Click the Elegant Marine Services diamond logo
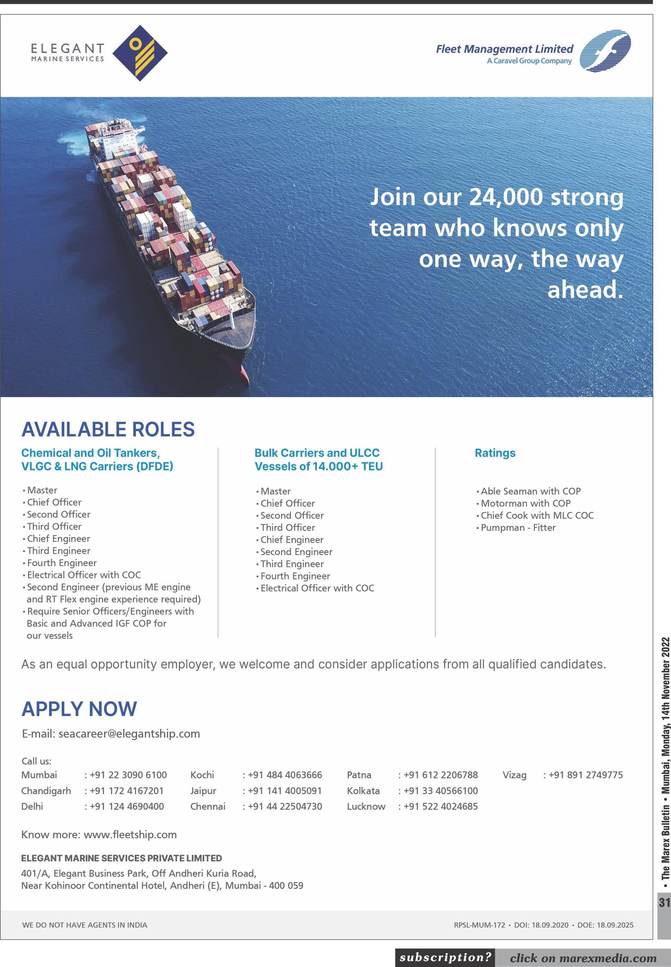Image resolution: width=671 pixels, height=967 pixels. pyautogui.click(x=140, y=53)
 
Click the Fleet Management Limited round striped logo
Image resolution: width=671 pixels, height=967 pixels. pyautogui.click(x=605, y=51)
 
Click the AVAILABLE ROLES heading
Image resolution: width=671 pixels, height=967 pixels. pyautogui.click(x=108, y=429)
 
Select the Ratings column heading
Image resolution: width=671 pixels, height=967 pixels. pyautogui.click(x=495, y=453)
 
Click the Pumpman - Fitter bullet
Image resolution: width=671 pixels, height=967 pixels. pyautogui.click(x=518, y=528)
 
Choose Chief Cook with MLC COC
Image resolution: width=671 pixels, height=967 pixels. pyautogui.click(x=537, y=515)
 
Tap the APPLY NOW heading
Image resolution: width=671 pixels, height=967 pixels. pyautogui.click(x=79, y=709)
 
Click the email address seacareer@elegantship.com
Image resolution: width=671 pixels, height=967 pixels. pyautogui.click(x=129, y=734)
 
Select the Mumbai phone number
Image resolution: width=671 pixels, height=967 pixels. pyautogui.click(x=128, y=775)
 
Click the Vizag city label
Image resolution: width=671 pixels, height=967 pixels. pyautogui.click(x=514, y=775)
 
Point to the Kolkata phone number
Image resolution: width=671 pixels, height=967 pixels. pyautogui.click(x=440, y=791)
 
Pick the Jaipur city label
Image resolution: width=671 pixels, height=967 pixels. pyautogui.click(x=203, y=791)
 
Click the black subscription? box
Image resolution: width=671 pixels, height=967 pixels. pyautogui.click(x=445, y=958)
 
